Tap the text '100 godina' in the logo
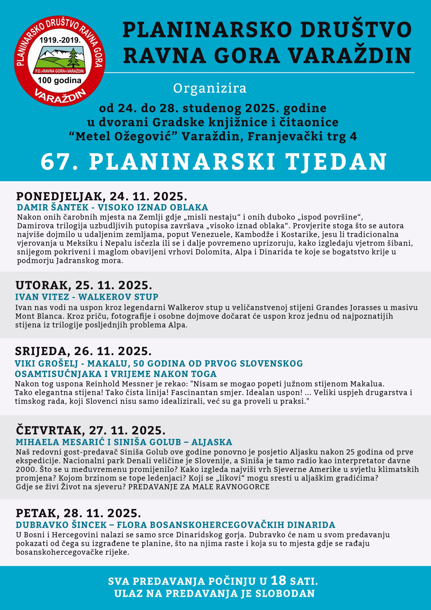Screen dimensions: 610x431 pos(60,80)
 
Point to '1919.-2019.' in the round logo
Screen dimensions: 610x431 pos(60,40)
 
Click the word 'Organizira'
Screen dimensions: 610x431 pos(210,88)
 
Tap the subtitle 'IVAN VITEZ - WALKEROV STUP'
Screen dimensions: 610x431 pos(87,296)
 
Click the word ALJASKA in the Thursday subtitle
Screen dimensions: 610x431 pos(212,442)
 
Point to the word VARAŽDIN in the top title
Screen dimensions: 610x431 pos(350,56)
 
